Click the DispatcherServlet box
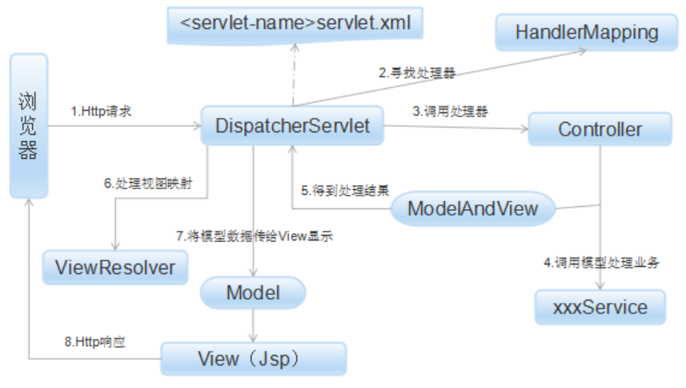(292, 126)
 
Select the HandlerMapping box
(587, 33)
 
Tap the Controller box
(600, 129)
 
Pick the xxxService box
(600, 307)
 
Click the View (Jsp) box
(254, 358)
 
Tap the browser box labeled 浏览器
(29, 126)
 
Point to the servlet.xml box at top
(295, 23)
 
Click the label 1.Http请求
(101, 111)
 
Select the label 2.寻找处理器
(417, 74)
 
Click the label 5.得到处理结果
(345, 191)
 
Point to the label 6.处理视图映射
(147, 183)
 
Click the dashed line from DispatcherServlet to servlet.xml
(294, 76)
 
